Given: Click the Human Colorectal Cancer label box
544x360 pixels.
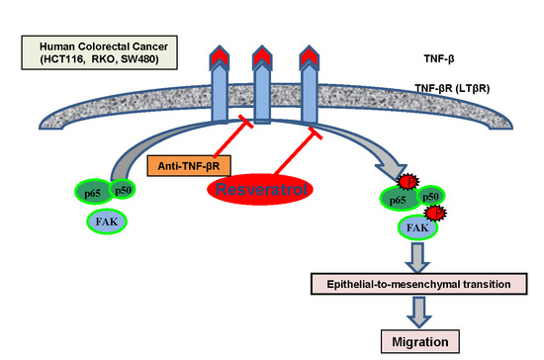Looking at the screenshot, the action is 100,52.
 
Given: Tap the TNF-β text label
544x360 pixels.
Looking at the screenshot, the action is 439,58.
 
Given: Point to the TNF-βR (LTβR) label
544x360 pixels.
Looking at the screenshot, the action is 452,88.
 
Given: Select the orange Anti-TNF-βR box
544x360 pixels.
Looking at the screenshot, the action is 189,166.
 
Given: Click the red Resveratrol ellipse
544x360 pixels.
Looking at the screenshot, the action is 260,189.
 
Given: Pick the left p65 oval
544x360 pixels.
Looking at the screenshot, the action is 94,192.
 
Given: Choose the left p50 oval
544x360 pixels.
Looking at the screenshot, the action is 123,189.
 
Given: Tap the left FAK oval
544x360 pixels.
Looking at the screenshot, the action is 107,222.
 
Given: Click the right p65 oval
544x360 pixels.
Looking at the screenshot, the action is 400,199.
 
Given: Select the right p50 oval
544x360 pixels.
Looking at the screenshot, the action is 430,196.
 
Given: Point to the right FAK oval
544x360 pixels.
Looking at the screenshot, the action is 417,227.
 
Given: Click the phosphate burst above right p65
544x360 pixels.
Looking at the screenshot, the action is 408,182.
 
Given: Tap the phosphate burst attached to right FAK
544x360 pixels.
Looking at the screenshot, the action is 436,213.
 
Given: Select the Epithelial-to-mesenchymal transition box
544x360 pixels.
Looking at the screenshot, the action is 419,284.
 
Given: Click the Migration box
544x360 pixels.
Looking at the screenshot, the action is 420,341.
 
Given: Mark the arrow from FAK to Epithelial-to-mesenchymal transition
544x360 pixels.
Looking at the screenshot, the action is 417,257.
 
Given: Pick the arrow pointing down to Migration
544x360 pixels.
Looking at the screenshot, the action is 419,312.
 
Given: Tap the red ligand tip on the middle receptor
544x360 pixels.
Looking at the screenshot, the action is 262,55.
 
